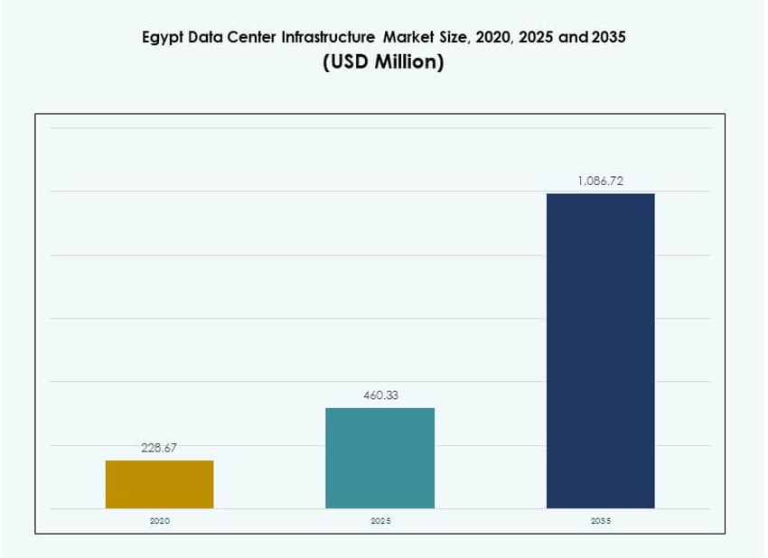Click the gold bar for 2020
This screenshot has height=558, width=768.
coord(160,484)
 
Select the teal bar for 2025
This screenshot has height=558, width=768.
coord(379,458)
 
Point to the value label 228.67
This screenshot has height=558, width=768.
coord(159,447)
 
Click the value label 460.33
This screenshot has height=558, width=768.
coord(380,395)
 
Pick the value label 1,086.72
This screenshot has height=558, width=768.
coord(600,181)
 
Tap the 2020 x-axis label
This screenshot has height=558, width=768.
coord(160,522)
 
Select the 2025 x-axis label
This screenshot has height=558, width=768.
coord(380,522)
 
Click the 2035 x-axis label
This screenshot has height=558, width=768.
coord(600,522)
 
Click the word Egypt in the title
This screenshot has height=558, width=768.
coord(163,39)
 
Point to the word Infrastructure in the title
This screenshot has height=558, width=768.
coord(329,38)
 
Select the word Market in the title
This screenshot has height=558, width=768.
coord(407,38)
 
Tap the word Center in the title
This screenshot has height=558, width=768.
coord(252,38)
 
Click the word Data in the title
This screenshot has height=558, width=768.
coord(208,38)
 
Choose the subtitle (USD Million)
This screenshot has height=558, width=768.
coord(383,64)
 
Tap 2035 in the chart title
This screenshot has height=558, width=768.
coord(605,38)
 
